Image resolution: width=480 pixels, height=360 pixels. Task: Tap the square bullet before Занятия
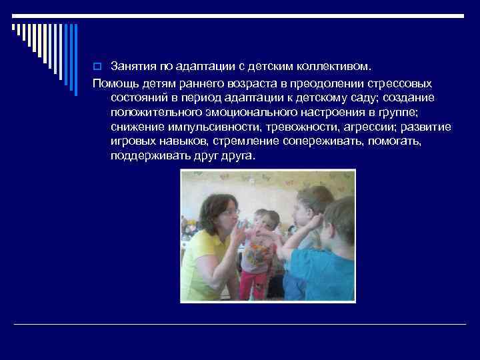[97, 67]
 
